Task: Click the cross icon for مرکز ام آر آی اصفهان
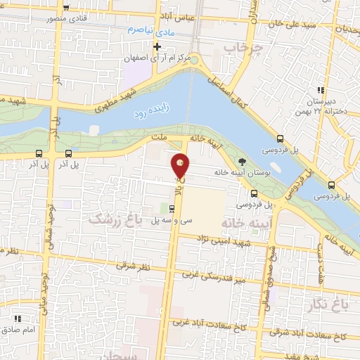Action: pos(158,47)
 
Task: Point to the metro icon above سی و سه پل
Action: pos(172,208)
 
